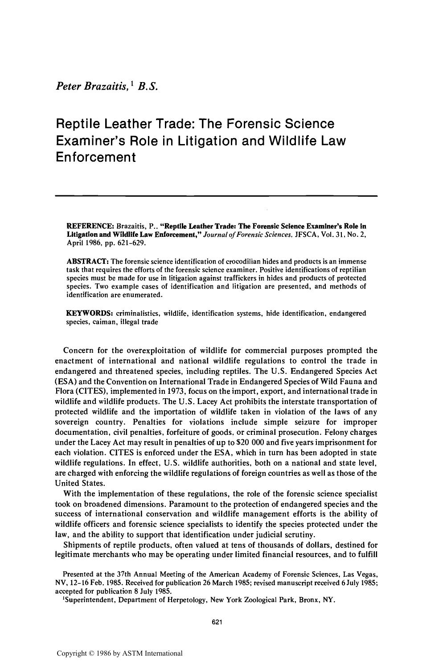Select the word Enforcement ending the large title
(x=95, y=157)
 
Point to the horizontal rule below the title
(x=216, y=196)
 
